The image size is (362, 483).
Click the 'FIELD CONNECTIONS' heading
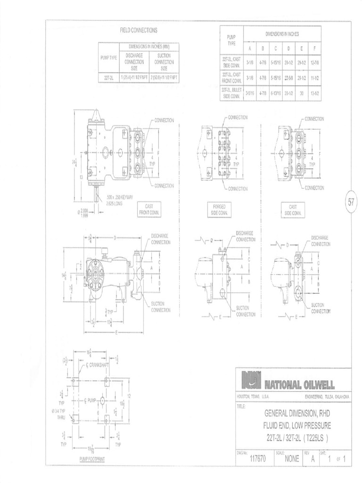pos(139,30)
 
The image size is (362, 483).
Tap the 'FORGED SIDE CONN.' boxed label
pos(219,209)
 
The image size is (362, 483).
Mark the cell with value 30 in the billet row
pos(302,92)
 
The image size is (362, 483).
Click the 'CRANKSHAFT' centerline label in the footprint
pos(99,365)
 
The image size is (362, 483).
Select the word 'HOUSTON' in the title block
pos(243,396)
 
